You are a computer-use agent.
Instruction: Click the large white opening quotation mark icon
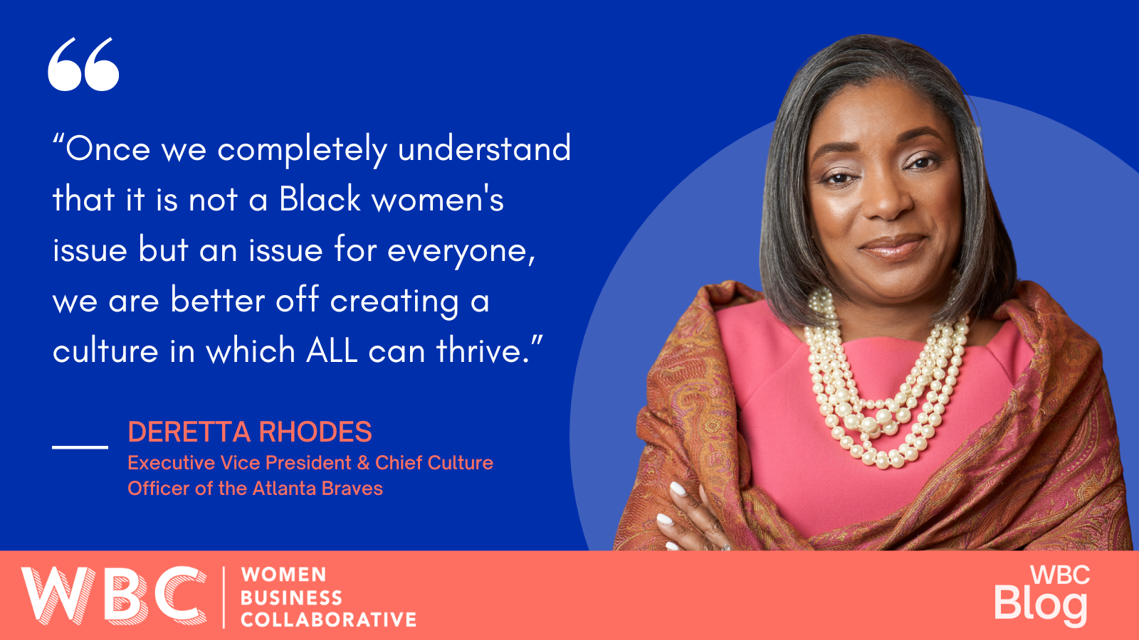(83, 64)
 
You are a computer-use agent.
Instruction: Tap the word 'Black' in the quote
(320, 198)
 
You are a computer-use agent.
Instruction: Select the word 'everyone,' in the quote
(461, 251)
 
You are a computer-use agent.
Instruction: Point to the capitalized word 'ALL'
(332, 351)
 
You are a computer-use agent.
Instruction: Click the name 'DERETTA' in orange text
(189, 432)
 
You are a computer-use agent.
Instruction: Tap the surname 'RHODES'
(315, 432)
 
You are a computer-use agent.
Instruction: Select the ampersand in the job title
(362, 463)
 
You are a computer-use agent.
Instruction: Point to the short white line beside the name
(80, 447)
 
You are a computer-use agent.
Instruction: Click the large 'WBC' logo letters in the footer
(114, 595)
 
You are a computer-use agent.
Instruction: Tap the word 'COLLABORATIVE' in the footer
(328, 619)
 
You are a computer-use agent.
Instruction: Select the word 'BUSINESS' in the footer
(291, 598)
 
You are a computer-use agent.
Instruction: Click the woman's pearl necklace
(886, 381)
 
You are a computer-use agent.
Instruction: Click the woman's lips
(893, 247)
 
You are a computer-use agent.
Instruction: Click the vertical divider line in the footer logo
(224, 597)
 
